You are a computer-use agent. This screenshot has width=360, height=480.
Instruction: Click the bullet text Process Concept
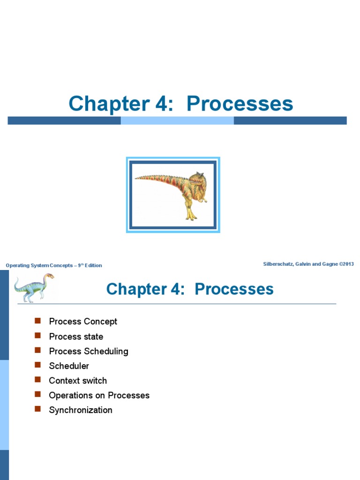coord(83,322)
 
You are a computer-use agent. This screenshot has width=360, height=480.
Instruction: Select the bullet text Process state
coord(76,337)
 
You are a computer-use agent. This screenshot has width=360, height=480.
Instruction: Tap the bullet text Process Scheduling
coord(89,351)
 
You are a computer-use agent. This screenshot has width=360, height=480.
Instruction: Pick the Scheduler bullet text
coord(69,366)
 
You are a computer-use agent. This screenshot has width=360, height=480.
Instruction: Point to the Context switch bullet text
coord(78,381)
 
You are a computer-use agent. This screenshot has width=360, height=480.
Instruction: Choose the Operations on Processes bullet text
coord(99,395)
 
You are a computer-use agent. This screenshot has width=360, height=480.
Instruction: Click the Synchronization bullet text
coord(81,410)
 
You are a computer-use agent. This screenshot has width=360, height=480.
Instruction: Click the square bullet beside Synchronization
coord(38,409)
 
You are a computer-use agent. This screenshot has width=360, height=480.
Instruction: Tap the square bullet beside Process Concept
coord(38,321)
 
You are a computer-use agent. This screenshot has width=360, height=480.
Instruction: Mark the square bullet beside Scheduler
coord(38,365)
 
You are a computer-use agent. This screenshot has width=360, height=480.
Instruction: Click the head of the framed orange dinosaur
coord(198,179)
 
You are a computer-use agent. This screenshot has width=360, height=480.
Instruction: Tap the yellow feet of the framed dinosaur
coord(191,217)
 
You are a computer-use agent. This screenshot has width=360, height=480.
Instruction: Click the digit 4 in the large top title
coord(165,104)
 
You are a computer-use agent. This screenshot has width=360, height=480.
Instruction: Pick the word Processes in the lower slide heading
coord(234,289)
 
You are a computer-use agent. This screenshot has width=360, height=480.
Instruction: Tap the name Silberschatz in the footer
coord(279,264)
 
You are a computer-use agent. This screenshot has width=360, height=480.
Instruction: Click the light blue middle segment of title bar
coord(177,120)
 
